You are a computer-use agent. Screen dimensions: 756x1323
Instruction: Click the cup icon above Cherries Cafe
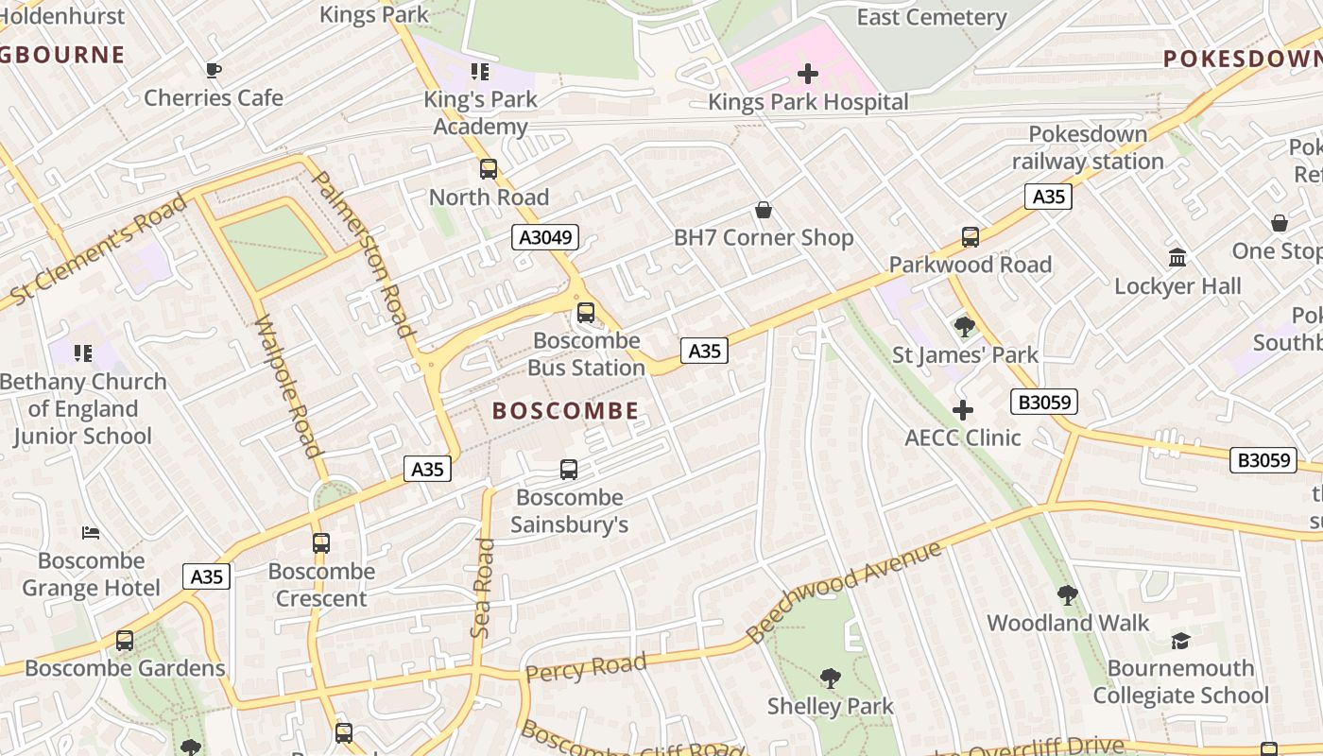(x=214, y=70)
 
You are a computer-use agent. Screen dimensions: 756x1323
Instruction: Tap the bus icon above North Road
(x=489, y=169)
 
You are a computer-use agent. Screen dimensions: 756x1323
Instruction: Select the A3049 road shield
(x=545, y=237)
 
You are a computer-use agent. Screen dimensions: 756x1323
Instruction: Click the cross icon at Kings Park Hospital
(x=808, y=74)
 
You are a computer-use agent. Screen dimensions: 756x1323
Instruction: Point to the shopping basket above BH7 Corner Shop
(x=764, y=210)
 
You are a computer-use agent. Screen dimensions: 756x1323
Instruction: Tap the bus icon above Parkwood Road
(x=971, y=237)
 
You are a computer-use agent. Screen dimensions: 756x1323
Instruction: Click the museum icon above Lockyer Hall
(x=1177, y=257)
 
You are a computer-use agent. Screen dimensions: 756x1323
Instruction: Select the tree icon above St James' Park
(x=965, y=327)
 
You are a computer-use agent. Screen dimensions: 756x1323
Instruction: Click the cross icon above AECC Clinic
(x=963, y=410)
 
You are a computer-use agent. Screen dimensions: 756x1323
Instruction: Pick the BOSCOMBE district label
(x=566, y=411)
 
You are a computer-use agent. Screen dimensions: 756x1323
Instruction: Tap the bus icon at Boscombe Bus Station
(x=586, y=313)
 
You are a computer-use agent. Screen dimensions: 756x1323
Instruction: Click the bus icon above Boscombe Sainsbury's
(x=569, y=470)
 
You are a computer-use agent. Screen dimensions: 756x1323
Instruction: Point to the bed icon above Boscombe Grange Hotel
(x=91, y=533)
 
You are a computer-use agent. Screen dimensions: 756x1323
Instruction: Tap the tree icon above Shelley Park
(x=831, y=679)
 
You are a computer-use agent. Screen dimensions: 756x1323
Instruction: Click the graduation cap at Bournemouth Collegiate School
(x=1180, y=641)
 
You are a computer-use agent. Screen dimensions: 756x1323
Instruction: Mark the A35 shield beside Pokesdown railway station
(x=1049, y=197)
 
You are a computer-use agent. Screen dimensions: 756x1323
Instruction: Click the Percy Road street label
(x=586, y=667)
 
